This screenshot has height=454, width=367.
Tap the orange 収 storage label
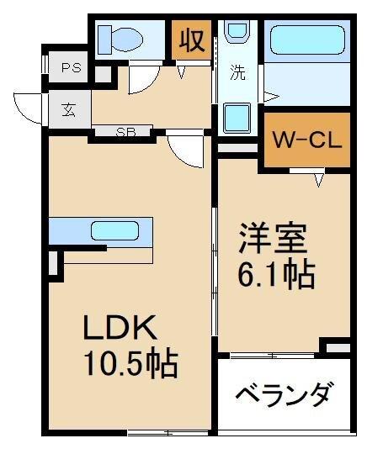click(191, 40)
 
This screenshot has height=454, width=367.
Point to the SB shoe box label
click(126, 132)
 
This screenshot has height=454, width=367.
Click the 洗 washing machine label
click(239, 73)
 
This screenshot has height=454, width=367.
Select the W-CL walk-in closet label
click(305, 140)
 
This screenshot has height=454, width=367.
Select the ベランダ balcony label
click(283, 395)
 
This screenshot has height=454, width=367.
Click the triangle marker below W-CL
click(320, 179)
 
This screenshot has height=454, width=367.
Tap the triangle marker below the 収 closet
click(183, 72)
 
